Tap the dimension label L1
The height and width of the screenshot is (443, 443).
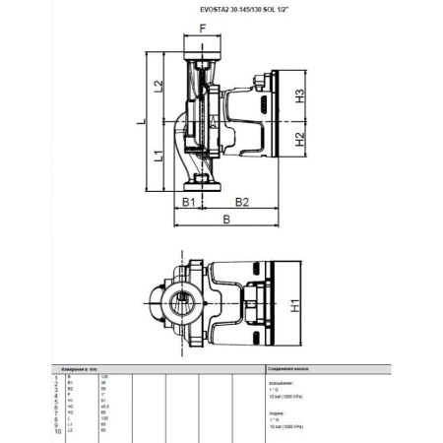[158, 156]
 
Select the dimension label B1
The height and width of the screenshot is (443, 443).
[185, 203]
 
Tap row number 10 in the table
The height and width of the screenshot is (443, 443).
[57, 431]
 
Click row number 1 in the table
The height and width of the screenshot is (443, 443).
[58, 377]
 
